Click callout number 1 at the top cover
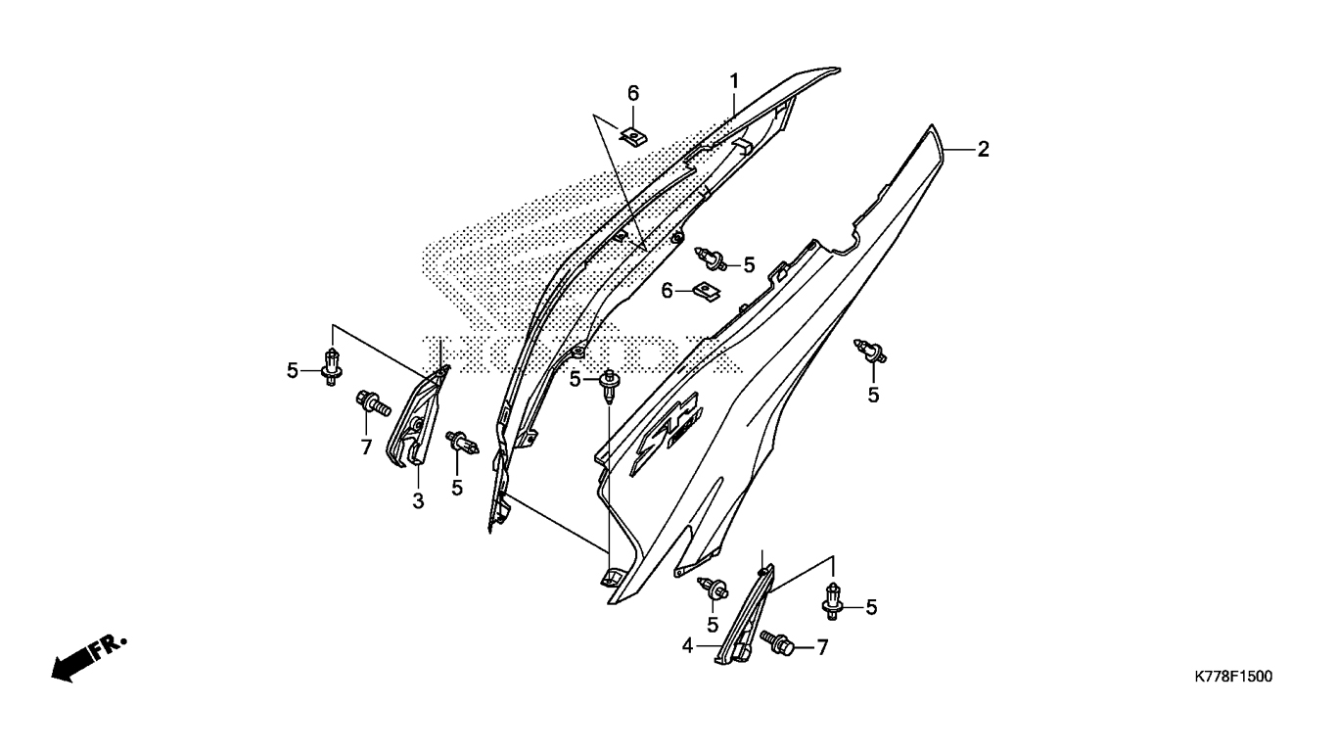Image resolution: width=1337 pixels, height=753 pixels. [x=733, y=79]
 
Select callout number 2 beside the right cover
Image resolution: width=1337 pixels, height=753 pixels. [x=983, y=149]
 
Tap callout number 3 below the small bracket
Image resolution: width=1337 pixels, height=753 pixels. [x=417, y=501]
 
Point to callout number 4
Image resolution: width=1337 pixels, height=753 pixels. [x=688, y=645]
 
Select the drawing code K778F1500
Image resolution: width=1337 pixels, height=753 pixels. [x=1232, y=677]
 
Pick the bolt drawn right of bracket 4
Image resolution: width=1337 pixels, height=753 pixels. [x=780, y=644]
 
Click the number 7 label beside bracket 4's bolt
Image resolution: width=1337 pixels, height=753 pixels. [x=822, y=646]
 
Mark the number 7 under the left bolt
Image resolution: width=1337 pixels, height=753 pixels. [x=366, y=447]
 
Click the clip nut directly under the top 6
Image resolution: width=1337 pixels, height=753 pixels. [x=634, y=133]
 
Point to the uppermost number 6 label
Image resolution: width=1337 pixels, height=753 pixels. [x=633, y=93]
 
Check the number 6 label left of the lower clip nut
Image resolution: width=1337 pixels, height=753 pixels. [x=668, y=290]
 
